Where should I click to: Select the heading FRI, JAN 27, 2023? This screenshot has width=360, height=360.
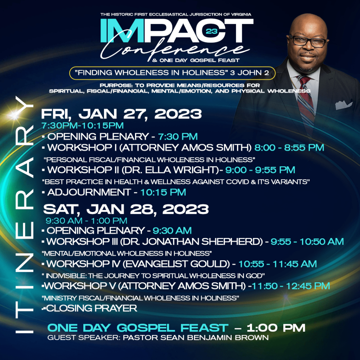[122, 114]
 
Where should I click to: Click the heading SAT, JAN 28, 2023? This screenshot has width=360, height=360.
[126, 209]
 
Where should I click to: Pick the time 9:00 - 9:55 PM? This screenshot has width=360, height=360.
[260, 170]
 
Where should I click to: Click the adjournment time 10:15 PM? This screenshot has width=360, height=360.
[163, 192]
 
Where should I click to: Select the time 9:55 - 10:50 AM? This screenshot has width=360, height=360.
[307, 242]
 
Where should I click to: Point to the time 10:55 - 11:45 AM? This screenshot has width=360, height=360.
[278, 264]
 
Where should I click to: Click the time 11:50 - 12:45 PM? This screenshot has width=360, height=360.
[291, 286]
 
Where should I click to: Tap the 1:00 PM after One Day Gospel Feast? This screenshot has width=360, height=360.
[276, 328]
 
